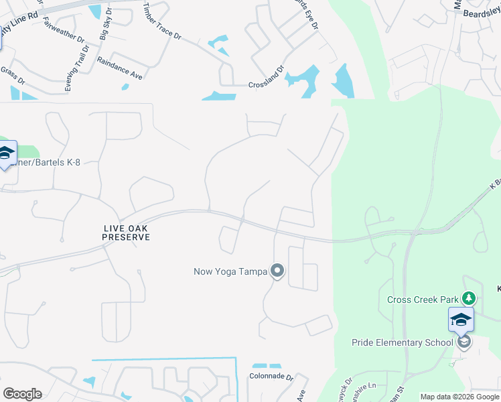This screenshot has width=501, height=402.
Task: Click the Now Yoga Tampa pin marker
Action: click(x=277, y=271)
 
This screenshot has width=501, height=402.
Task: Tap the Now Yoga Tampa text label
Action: click(x=230, y=271)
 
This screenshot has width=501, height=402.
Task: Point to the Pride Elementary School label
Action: click(x=403, y=342)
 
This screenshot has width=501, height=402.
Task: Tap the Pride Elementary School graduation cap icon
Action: click(x=461, y=320)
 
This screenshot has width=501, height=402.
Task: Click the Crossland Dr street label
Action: click(x=266, y=86)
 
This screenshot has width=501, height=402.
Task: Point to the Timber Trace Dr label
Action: click(x=162, y=22)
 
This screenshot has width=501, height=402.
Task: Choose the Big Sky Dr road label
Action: click(x=105, y=27)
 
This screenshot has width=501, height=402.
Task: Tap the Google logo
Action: click(x=22, y=394)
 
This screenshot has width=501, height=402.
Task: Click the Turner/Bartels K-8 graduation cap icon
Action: click(x=5, y=154)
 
